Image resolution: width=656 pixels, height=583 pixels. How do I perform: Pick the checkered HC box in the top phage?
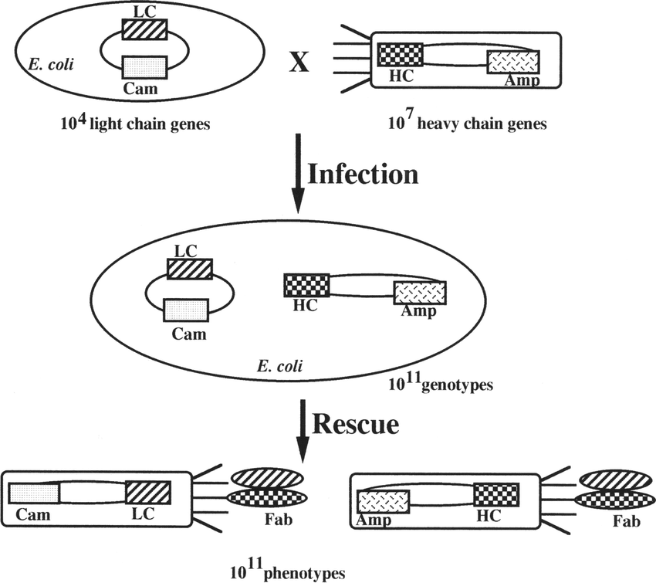tap(400, 55)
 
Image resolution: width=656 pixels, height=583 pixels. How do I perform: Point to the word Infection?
tap(363, 174)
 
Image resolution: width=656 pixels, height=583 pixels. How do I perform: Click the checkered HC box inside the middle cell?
tap(306, 284)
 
